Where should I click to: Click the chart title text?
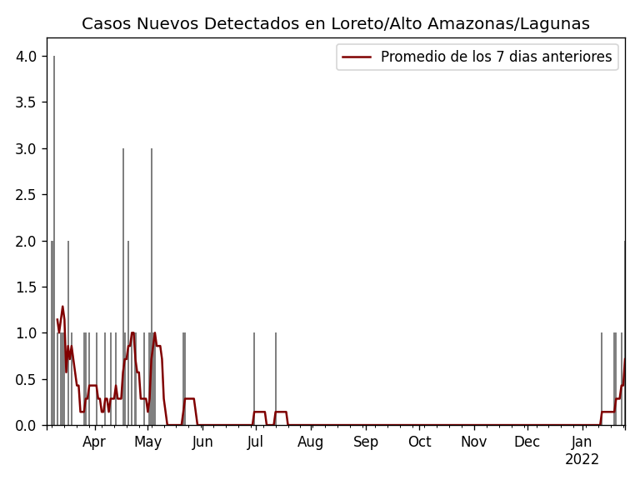335,24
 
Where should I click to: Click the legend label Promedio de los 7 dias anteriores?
496,57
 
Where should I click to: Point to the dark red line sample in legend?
356,57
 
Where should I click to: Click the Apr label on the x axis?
94,442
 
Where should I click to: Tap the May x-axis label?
147,442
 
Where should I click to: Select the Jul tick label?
256,442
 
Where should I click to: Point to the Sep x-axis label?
365,442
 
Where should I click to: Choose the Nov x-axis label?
474,442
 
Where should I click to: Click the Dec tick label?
527,442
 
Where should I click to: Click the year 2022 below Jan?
582,460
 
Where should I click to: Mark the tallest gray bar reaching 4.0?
54,242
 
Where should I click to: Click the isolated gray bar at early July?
254,379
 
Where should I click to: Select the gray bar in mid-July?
276,379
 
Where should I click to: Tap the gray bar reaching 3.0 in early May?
152,287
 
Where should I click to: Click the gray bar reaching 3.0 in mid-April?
123,287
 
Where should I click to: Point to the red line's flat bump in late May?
189,398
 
